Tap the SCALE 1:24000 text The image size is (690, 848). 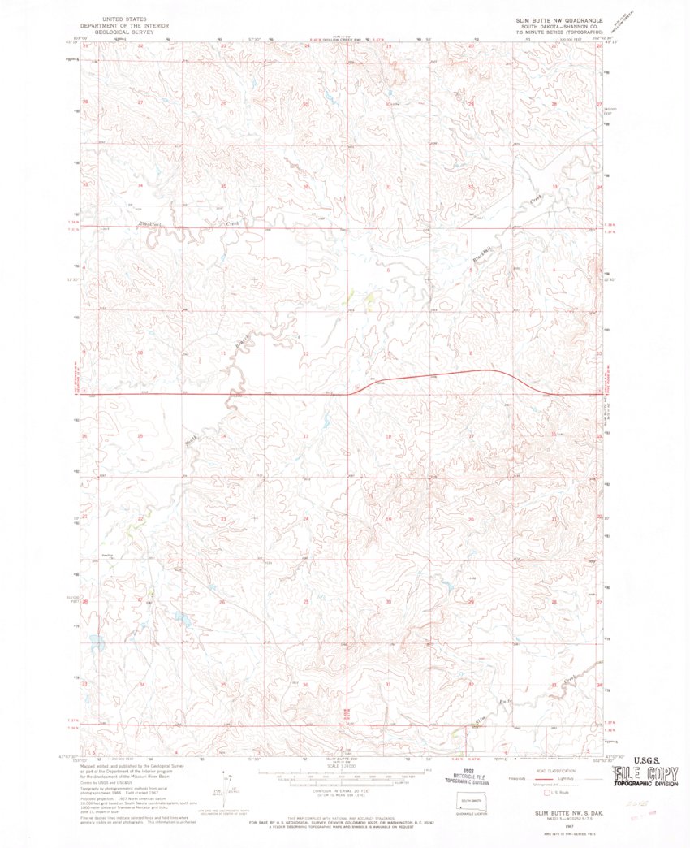click(346, 765)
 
